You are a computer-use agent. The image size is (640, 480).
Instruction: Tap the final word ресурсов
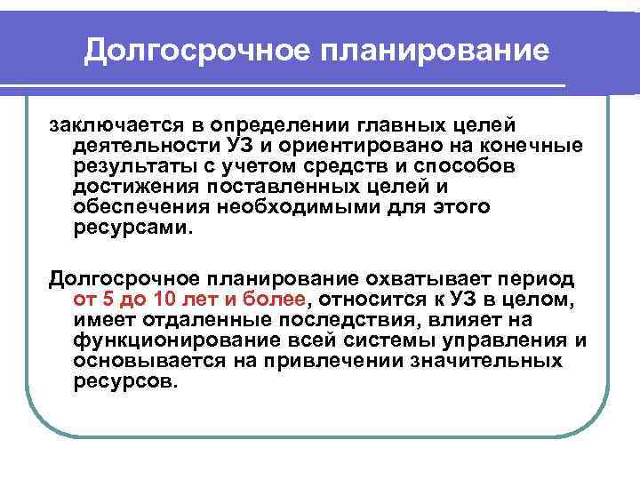pos(126,381)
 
